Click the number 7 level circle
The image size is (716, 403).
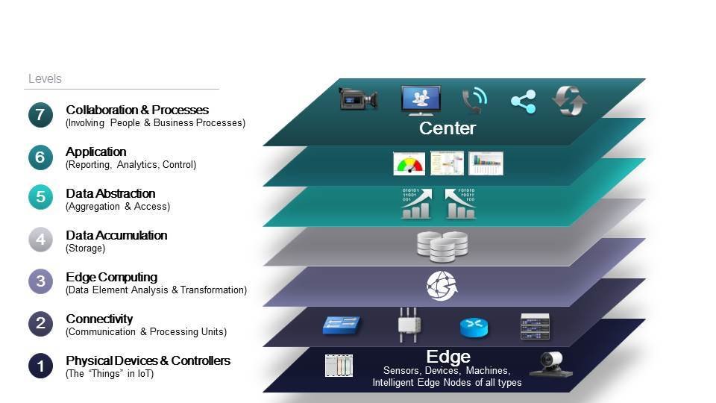point(40,116)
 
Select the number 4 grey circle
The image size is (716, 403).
point(40,240)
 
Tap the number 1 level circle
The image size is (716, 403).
point(40,366)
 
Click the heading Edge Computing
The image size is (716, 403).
point(111,277)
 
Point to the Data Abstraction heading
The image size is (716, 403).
point(110,193)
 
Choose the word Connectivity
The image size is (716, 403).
point(99,319)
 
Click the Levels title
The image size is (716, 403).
point(45,78)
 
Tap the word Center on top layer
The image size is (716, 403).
point(447,128)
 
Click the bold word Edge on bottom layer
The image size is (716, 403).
point(447,356)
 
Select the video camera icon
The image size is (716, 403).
point(359,99)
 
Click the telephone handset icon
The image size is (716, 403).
point(474,100)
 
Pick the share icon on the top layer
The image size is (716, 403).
point(523,101)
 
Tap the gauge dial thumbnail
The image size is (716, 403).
point(409,163)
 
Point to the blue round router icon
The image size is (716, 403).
point(474,328)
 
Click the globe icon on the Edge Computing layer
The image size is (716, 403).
point(442,286)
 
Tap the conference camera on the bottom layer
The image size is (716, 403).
point(551,364)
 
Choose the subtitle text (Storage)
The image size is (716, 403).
point(86,248)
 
